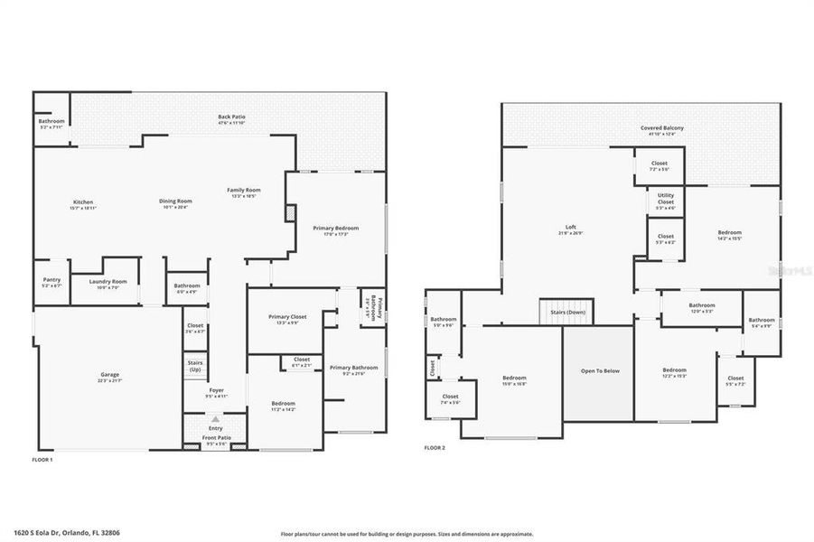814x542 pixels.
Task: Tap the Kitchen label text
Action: [83, 202]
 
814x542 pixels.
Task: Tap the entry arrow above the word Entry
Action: [215, 420]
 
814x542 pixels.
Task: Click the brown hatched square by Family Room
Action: [290, 213]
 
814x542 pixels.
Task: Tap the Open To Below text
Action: [598, 371]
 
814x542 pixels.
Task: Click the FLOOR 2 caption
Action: [435, 447]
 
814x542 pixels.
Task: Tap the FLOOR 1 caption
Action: [42, 461]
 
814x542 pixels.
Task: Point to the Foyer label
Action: [216, 393]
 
